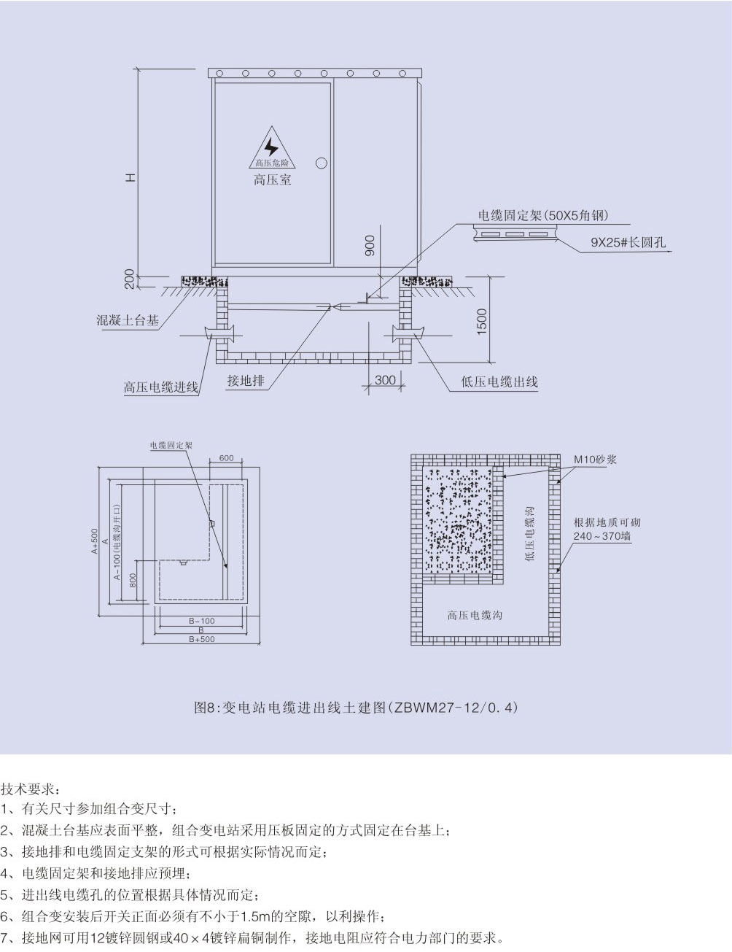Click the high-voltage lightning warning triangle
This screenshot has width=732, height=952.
point(271,148)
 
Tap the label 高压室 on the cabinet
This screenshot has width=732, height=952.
point(272,179)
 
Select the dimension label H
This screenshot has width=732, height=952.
point(129,177)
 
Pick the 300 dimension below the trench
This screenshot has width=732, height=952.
point(385,380)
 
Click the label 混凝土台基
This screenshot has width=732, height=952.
point(128,320)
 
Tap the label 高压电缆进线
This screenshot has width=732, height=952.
point(160,387)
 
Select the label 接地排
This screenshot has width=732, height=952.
point(246,380)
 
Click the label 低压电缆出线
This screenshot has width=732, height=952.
point(499,381)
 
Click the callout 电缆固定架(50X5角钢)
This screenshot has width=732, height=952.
point(543,215)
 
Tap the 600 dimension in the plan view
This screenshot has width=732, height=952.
point(226,458)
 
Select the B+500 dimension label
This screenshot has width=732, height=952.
point(202,639)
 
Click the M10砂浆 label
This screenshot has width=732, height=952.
point(595,460)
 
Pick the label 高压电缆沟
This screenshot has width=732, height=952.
point(475,616)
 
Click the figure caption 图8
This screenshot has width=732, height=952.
point(357,707)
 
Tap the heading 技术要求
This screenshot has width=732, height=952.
point(31,789)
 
